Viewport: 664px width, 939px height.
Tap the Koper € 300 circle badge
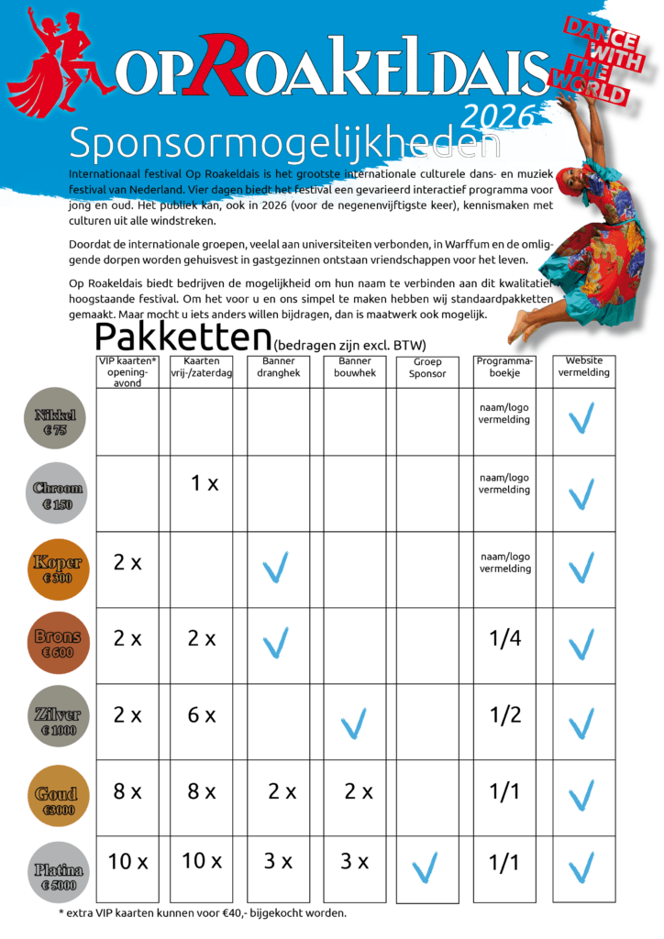click(x=57, y=569)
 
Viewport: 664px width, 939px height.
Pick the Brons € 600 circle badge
click(x=57, y=643)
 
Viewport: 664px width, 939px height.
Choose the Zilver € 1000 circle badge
click(x=57, y=721)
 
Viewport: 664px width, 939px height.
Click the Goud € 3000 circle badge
click(x=57, y=797)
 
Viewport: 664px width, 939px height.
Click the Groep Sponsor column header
click(x=427, y=368)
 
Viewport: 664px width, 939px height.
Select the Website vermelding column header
click(x=583, y=367)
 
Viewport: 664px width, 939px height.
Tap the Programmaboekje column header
click(x=504, y=367)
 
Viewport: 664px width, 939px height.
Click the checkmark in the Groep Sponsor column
click(x=425, y=866)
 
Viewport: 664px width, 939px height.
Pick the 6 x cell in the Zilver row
click(x=202, y=715)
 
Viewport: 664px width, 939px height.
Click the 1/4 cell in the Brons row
click(x=504, y=638)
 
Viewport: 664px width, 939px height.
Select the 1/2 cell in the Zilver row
click(x=504, y=715)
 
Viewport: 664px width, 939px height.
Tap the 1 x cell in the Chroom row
click(x=205, y=483)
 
